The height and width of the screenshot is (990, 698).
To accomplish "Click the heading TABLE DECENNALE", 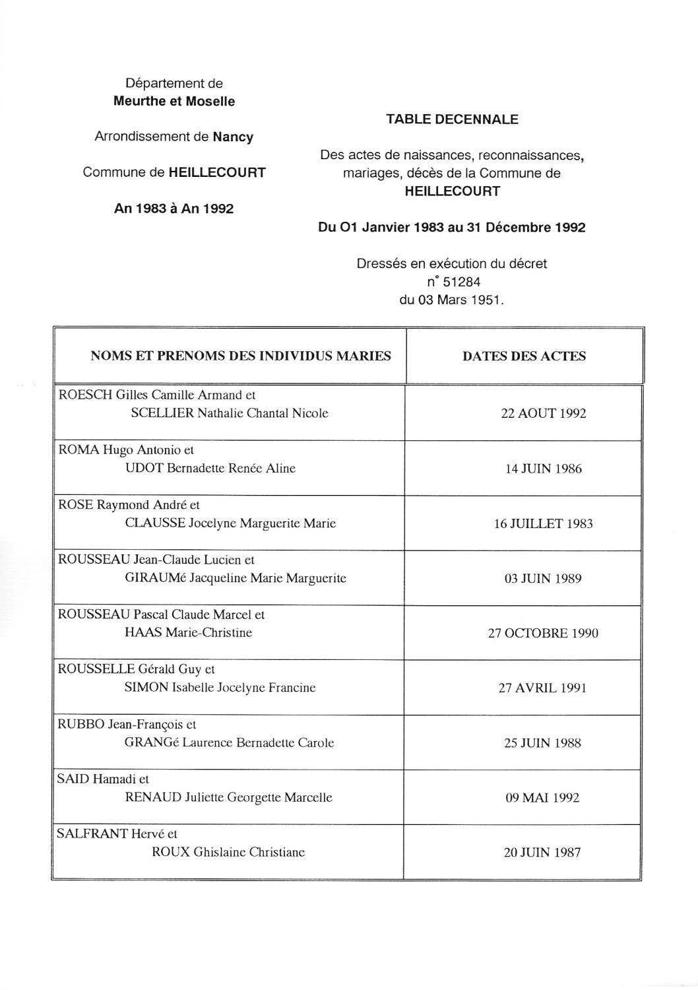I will (x=452, y=119).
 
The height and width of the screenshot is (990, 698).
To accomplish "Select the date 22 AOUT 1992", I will (x=543, y=414).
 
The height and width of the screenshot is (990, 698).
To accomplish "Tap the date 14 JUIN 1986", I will (x=543, y=469).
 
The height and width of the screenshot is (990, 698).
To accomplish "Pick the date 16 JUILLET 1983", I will (x=543, y=524).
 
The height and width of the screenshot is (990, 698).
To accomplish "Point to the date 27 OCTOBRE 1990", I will (x=543, y=634).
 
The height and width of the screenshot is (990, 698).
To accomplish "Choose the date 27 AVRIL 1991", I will (x=543, y=688).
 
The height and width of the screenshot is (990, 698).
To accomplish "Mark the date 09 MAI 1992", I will (x=543, y=798).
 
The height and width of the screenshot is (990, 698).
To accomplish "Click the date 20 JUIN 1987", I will (x=543, y=853).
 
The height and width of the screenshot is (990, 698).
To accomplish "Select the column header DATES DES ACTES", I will (x=524, y=356).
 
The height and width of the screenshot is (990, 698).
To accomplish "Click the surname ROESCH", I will (x=85, y=395).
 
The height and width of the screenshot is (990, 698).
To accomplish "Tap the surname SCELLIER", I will (x=162, y=414).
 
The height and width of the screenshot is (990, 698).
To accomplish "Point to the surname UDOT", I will (x=144, y=469).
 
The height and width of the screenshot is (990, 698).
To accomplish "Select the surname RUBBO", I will (x=80, y=724).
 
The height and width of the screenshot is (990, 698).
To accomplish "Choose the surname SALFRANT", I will (x=92, y=834).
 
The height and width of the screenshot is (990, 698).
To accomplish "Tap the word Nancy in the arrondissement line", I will (x=233, y=137).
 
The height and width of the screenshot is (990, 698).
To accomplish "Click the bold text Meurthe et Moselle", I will (x=174, y=102).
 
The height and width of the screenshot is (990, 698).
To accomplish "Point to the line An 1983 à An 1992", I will (x=174, y=209).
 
